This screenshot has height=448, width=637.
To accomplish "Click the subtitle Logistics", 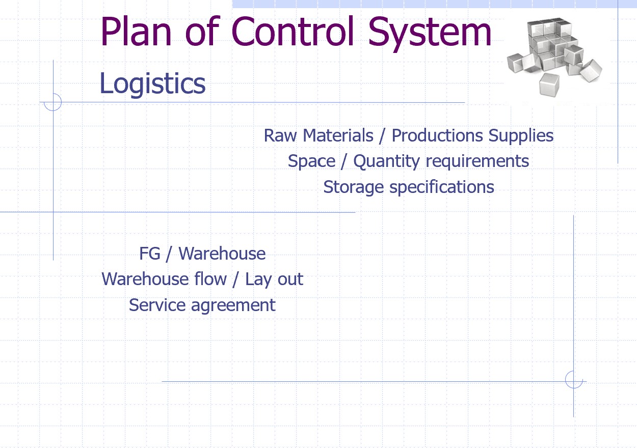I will click(152, 83).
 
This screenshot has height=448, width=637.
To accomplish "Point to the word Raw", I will click(280, 136).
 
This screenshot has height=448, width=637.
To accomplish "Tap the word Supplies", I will click(521, 136).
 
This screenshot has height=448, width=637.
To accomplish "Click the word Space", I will click(311, 161).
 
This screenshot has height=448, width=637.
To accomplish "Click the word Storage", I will click(354, 187).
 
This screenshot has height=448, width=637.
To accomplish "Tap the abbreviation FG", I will click(150, 254).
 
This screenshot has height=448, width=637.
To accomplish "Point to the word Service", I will click(155, 305).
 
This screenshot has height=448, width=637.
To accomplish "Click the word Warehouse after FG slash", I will click(222, 254).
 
